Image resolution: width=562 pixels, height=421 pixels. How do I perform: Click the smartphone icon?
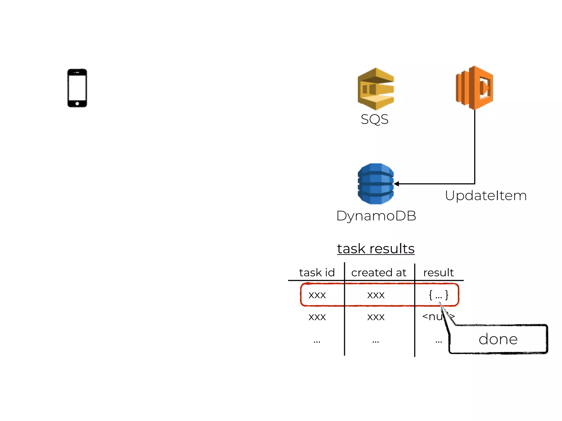point(77,88)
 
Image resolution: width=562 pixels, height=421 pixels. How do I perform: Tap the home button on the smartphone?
point(77,104)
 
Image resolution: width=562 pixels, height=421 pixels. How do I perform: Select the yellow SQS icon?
point(376,89)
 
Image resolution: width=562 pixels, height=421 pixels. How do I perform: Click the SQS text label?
point(375,119)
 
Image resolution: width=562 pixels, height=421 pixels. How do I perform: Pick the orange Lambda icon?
point(474,88)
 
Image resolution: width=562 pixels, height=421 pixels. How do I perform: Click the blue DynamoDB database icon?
point(376,184)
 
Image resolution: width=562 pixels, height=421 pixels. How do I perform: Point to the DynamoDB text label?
point(376,216)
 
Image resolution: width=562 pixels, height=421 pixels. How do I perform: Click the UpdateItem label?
point(486,196)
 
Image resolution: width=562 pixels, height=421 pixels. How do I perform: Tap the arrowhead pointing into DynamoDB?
point(397,184)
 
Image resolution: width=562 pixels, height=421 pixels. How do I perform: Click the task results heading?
point(376,249)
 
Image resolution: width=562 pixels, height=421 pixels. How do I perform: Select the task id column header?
point(317,272)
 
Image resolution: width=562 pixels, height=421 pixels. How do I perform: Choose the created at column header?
point(379,272)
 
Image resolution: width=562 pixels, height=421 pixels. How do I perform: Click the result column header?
point(439,272)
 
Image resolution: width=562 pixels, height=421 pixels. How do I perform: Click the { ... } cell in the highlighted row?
point(439,295)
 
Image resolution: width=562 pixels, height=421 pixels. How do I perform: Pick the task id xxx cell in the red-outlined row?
point(317,295)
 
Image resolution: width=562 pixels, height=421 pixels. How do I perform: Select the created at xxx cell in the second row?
point(376,317)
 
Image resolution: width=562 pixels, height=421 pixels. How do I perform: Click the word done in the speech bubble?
point(498,339)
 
